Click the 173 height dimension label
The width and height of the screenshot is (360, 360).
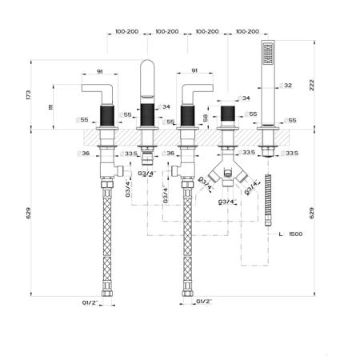click(28, 95)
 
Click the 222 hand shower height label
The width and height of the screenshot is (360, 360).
click(311, 85)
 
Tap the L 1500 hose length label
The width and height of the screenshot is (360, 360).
click(290, 234)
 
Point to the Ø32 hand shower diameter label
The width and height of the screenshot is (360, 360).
click(286, 86)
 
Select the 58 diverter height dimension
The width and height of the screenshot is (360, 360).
click(205, 118)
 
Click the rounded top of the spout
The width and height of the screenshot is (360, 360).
click(147, 64)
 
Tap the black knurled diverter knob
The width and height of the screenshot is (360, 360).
click(228, 113)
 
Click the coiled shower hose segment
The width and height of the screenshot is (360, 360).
click(268, 201)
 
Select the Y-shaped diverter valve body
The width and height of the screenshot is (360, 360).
click(227, 174)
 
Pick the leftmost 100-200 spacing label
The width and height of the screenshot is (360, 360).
click(126, 31)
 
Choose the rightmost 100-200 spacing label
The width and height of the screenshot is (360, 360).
click(247, 31)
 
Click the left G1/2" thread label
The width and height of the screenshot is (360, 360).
click(90, 302)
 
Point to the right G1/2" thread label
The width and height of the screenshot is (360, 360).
click(204, 302)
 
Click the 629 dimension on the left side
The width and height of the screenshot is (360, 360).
click(28, 213)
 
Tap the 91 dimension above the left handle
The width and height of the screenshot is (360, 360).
click(99, 71)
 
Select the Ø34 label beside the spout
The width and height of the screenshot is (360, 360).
click(163, 106)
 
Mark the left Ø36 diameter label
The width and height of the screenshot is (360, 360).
click(83, 154)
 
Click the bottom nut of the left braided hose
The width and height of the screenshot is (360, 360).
click(106, 294)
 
